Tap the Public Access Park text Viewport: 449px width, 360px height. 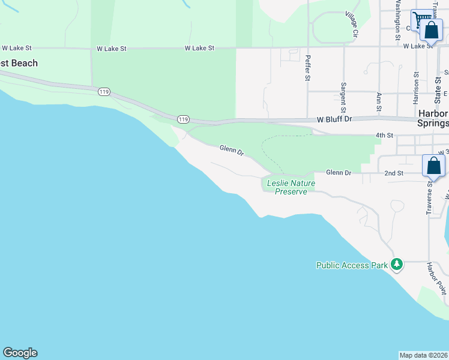pos(352,265)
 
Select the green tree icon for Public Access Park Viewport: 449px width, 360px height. pos(396,264)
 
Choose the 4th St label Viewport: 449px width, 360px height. pos(384,135)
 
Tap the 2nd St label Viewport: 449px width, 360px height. pos(393,173)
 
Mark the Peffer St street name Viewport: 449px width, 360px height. pos(307,68)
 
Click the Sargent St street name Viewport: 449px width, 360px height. pos(343,97)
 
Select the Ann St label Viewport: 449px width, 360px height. pos(379,102)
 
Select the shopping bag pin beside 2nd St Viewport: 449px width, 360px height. pos(433,166)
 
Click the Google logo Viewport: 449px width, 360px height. pos(20,353)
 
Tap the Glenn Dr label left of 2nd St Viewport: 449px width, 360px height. pos(339,173)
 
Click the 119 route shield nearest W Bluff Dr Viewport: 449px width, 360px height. pos(183,119)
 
